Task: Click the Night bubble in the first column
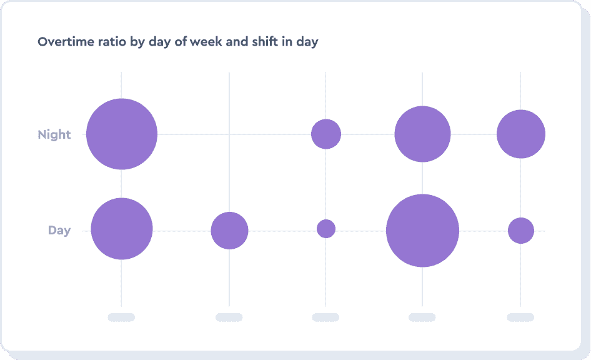click(x=122, y=134)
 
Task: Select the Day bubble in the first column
click(x=122, y=229)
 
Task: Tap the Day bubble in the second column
click(x=229, y=231)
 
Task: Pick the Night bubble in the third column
click(x=326, y=134)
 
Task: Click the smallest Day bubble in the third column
click(x=326, y=229)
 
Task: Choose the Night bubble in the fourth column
click(x=422, y=134)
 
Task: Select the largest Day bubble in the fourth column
click(x=422, y=231)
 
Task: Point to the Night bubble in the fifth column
click(x=521, y=134)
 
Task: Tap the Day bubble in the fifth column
click(x=521, y=231)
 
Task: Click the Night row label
click(x=54, y=134)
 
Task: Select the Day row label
click(x=59, y=231)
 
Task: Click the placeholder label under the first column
click(x=121, y=317)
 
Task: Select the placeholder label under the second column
click(x=229, y=317)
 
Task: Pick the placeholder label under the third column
click(x=325, y=317)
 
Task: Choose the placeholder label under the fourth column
click(x=422, y=317)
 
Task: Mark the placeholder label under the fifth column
click(x=520, y=317)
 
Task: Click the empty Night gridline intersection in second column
click(x=229, y=134)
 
